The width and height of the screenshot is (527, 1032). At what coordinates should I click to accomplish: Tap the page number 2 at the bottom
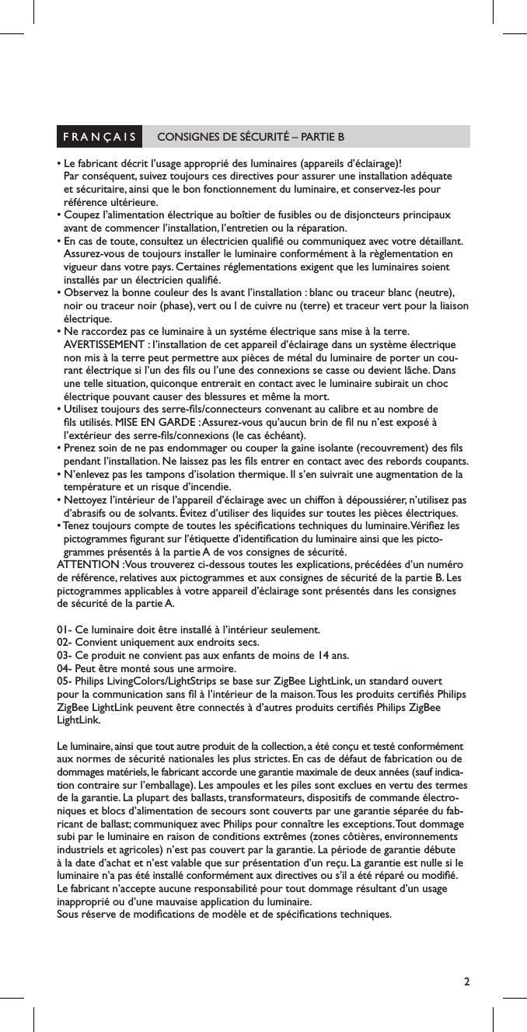pos(466,981)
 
